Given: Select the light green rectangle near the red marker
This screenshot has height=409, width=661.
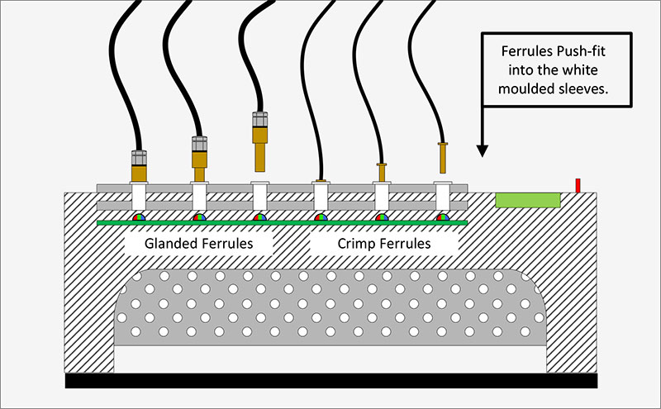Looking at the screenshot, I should point(528,200).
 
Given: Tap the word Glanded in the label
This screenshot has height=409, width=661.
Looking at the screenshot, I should point(170,244).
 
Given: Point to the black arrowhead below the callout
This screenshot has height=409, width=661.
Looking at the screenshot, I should point(482,150).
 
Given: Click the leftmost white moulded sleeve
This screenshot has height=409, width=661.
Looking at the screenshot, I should point(138,199).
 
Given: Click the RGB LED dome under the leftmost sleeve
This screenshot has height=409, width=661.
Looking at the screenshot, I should point(139,217).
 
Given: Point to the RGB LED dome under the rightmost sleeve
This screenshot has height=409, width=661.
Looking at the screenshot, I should point(444,217).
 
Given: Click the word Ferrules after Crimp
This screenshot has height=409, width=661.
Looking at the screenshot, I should point(406,244).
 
